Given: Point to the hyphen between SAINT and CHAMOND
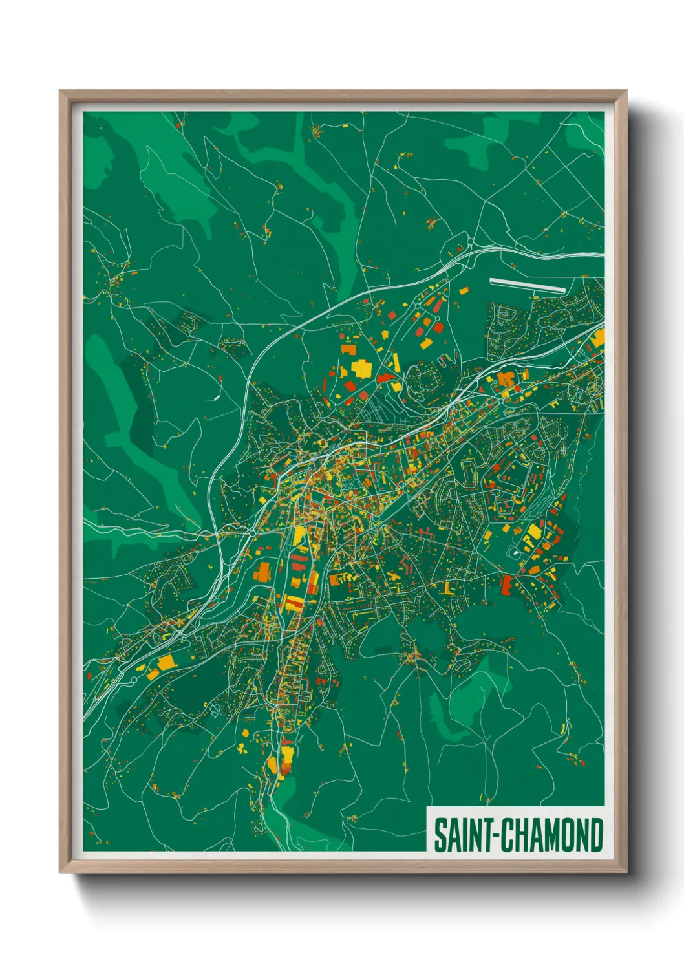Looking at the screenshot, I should click(x=496, y=835).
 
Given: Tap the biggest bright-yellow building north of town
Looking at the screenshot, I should click(x=361, y=369).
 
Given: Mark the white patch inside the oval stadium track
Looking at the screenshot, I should click(x=515, y=553).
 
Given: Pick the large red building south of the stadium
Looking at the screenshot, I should click(x=506, y=585).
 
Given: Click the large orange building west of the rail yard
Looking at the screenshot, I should click(x=262, y=572).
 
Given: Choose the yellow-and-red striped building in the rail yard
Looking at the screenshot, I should click(x=292, y=604).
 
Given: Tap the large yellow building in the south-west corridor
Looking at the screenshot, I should click(x=166, y=662).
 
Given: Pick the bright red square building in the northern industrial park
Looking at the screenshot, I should click(x=439, y=328).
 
